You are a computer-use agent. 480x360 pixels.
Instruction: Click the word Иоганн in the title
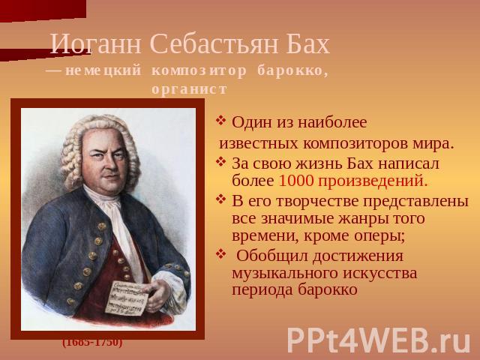(96, 43)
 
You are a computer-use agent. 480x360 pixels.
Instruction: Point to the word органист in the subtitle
(190, 89)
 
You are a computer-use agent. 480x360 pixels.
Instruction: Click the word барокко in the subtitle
(292, 70)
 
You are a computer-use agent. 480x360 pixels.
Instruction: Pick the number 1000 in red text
(296, 181)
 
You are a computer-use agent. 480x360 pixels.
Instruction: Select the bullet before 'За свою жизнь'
(220, 161)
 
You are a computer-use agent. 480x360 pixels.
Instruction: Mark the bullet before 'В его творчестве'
(220, 199)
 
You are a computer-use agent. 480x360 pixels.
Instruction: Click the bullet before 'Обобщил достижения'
(220, 253)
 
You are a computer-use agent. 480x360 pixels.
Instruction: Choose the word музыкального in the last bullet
(285, 273)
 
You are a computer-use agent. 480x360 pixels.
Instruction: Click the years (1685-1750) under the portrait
(92, 342)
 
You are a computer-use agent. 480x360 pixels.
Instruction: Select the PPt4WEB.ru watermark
(379, 340)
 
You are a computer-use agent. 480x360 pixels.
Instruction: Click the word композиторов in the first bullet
(355, 144)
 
